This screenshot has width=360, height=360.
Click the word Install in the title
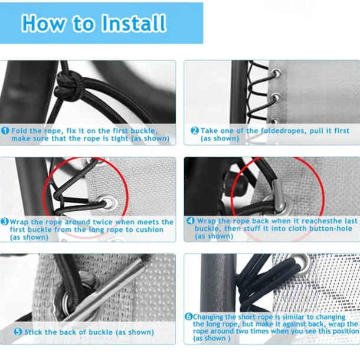tap(133, 23)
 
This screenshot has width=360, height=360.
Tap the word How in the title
tap(44, 23)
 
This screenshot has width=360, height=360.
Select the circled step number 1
tap(5, 130)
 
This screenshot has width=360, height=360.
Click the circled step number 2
tap(195, 130)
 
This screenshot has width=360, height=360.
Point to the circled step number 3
tap(5, 222)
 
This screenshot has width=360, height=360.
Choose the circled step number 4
tap(191, 221)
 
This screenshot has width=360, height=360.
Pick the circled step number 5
tap(18, 332)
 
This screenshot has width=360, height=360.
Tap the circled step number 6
tap(188, 316)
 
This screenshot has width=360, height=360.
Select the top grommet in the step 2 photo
tap(276, 74)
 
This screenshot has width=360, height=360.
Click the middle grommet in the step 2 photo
tap(276, 97)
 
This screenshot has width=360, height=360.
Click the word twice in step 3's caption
tap(103, 222)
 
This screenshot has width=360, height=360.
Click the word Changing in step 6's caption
tap(208, 317)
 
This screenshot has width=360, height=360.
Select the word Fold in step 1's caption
tap(19, 130)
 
